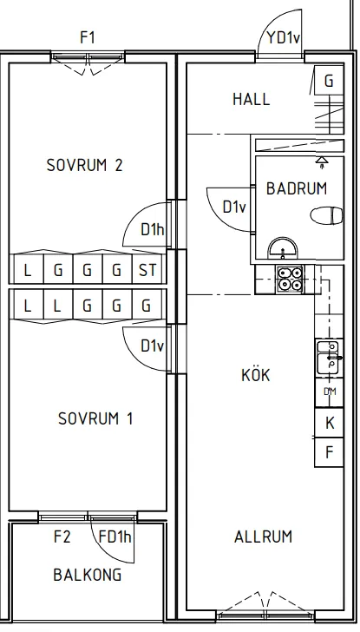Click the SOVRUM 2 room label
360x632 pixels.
(84, 165)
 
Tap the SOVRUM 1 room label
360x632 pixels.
(95, 418)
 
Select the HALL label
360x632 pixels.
(252, 99)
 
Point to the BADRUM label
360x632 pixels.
(297, 188)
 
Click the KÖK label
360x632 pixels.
(256, 374)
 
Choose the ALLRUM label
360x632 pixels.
(264, 537)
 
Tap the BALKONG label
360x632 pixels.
(88, 575)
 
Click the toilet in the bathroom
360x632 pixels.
(326, 214)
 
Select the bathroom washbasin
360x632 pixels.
(283, 248)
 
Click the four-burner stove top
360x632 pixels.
(290, 279)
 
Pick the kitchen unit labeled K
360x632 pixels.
(329, 423)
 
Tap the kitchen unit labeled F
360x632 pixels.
(329, 452)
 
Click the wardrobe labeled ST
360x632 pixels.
(148, 269)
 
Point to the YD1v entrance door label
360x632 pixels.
(283, 38)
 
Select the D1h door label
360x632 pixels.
(153, 229)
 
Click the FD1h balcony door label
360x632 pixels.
(115, 537)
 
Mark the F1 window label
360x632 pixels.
(88, 37)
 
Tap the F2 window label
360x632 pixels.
(62, 537)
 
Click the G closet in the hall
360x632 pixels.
(329, 81)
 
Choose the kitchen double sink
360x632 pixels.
(329, 358)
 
